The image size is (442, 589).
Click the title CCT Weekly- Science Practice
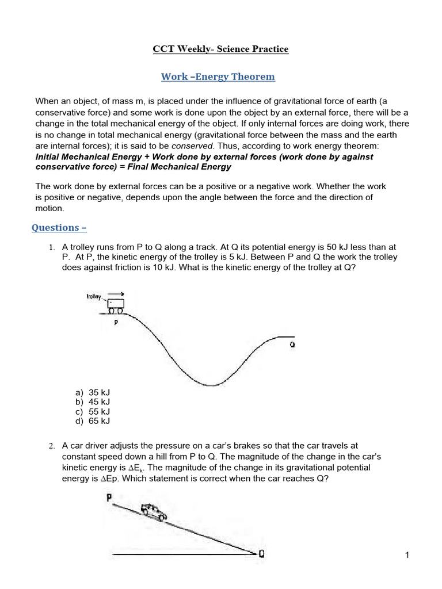[220, 49]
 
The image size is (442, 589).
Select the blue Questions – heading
[59, 227]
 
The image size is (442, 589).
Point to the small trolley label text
[93, 297]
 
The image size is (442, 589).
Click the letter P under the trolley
[116, 323]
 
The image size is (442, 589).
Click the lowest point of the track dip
[212, 385]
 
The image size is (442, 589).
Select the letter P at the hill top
[108, 498]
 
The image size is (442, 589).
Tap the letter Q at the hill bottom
[262, 554]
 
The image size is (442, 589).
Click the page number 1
[407, 555]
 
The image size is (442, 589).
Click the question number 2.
[51, 446]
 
